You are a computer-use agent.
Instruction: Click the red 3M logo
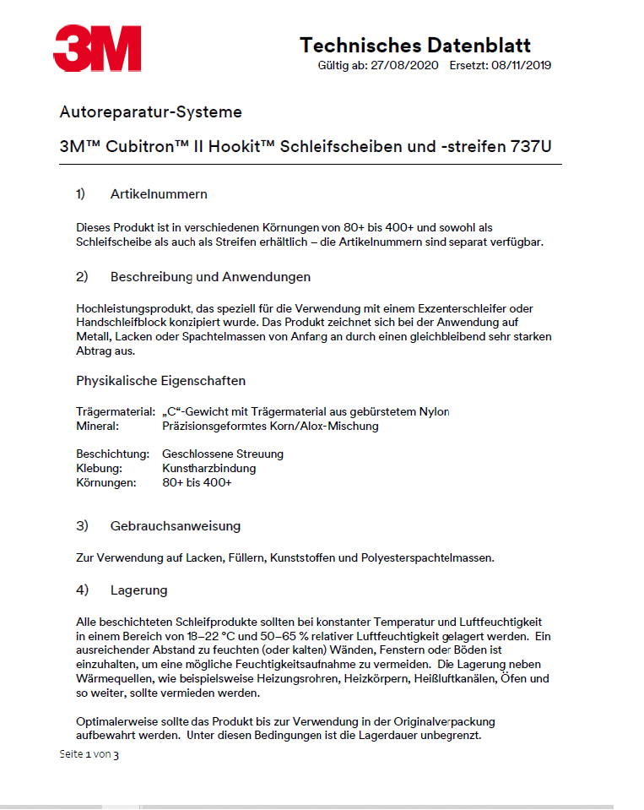[97, 48]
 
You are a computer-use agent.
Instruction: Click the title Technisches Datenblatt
[415, 45]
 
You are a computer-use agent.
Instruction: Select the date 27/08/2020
[404, 65]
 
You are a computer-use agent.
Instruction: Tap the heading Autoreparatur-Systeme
[151, 111]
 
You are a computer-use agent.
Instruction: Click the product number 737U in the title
[531, 145]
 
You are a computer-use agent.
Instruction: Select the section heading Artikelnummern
[159, 194]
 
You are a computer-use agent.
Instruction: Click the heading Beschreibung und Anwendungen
[210, 277]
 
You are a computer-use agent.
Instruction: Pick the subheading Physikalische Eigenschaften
[161, 380]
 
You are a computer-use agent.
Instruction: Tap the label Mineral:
[95, 426]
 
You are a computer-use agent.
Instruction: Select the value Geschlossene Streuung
[223, 454]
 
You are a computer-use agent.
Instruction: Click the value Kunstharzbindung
[208, 468]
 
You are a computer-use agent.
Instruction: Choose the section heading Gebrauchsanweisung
[176, 526]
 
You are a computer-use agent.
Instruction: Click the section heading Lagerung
[138, 590]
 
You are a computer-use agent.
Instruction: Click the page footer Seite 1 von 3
[89, 754]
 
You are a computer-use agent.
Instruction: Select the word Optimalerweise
[114, 721]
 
